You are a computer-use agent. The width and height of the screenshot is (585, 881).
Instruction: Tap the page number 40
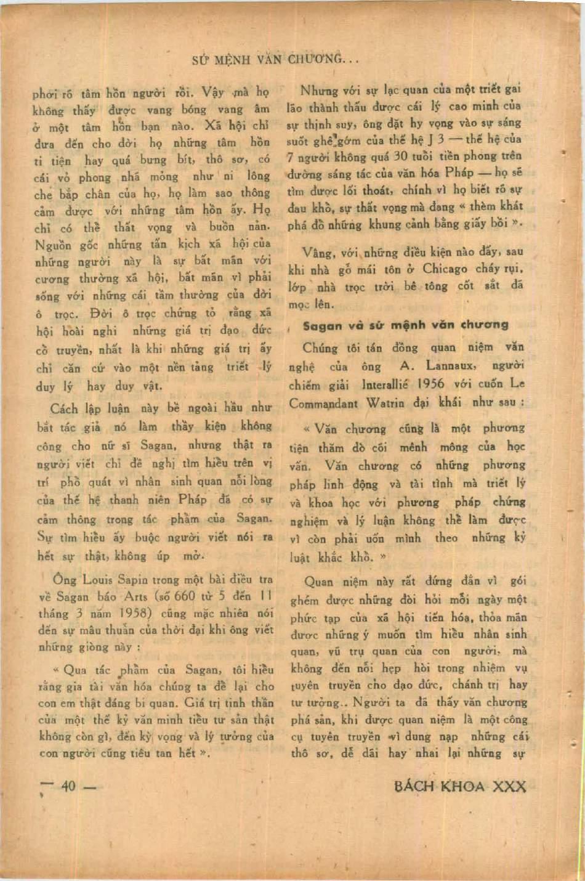click(68, 786)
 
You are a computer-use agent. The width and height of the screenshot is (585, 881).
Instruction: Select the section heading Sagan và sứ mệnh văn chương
click(405, 325)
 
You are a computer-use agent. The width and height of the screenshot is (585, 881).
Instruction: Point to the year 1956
click(430, 383)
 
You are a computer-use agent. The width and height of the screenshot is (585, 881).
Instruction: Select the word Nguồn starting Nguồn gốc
click(54, 245)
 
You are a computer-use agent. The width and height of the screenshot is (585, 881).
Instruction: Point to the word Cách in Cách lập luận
click(63, 409)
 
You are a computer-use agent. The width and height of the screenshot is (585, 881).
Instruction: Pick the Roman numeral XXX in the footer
click(511, 787)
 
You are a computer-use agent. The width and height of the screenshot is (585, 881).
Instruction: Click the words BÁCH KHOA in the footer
click(440, 787)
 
